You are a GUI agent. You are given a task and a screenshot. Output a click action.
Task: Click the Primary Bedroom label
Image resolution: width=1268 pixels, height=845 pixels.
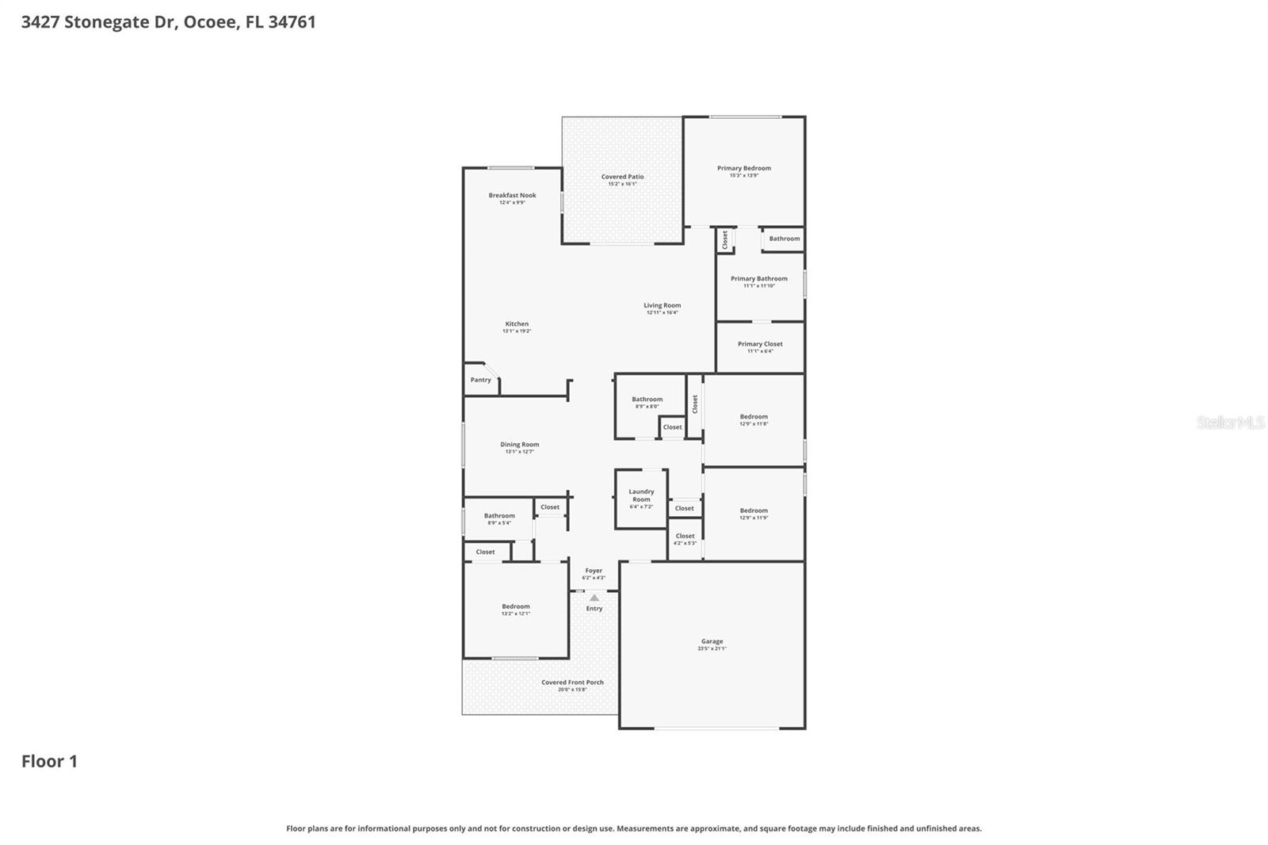point(743,168)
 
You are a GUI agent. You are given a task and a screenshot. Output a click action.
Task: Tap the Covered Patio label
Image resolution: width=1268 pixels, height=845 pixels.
point(622,177)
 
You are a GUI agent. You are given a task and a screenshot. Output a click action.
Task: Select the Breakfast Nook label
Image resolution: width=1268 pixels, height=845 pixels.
point(512,195)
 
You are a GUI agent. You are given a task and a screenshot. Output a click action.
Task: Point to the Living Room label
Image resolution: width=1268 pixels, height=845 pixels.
point(662,305)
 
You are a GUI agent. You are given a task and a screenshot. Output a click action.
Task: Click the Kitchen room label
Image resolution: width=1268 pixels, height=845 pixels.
point(517,323)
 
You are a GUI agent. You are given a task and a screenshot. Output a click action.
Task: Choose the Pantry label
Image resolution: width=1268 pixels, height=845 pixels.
point(480,380)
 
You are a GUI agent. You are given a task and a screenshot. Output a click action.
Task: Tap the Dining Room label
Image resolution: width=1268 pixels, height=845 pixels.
point(519,445)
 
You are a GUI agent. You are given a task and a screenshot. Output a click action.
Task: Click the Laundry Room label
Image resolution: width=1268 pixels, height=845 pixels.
point(641,495)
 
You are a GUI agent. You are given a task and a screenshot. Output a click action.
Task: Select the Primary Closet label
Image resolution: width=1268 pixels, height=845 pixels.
point(760,344)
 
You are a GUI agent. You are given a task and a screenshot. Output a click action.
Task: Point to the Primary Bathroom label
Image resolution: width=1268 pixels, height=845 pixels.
point(758,278)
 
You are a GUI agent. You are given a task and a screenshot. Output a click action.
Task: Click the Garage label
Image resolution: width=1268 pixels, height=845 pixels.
point(712,641)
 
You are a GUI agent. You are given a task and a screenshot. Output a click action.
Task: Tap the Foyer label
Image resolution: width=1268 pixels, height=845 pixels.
point(594,571)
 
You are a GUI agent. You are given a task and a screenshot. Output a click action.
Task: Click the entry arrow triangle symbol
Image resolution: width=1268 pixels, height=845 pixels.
point(594,598)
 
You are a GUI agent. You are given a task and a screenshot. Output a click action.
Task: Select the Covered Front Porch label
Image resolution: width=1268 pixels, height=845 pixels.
point(572,682)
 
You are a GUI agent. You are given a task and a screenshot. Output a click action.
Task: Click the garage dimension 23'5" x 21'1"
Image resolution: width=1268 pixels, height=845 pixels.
point(712,648)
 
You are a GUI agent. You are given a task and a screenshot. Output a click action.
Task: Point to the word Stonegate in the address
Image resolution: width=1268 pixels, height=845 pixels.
point(119,22)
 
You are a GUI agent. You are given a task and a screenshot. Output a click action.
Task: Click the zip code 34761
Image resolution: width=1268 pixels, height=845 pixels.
point(292,22)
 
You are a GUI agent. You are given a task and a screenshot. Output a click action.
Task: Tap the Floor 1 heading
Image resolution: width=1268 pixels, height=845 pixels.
point(49,761)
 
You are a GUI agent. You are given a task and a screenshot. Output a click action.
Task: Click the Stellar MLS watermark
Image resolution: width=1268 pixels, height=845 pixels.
point(1230,422)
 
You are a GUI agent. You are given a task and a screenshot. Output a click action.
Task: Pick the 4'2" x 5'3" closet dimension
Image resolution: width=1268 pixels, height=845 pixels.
point(685,543)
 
